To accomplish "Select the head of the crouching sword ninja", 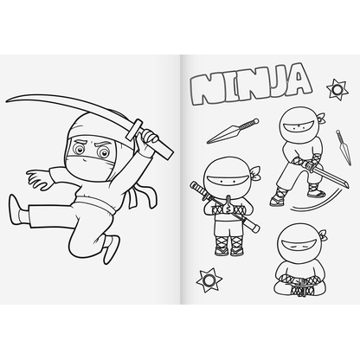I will [293, 128].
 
